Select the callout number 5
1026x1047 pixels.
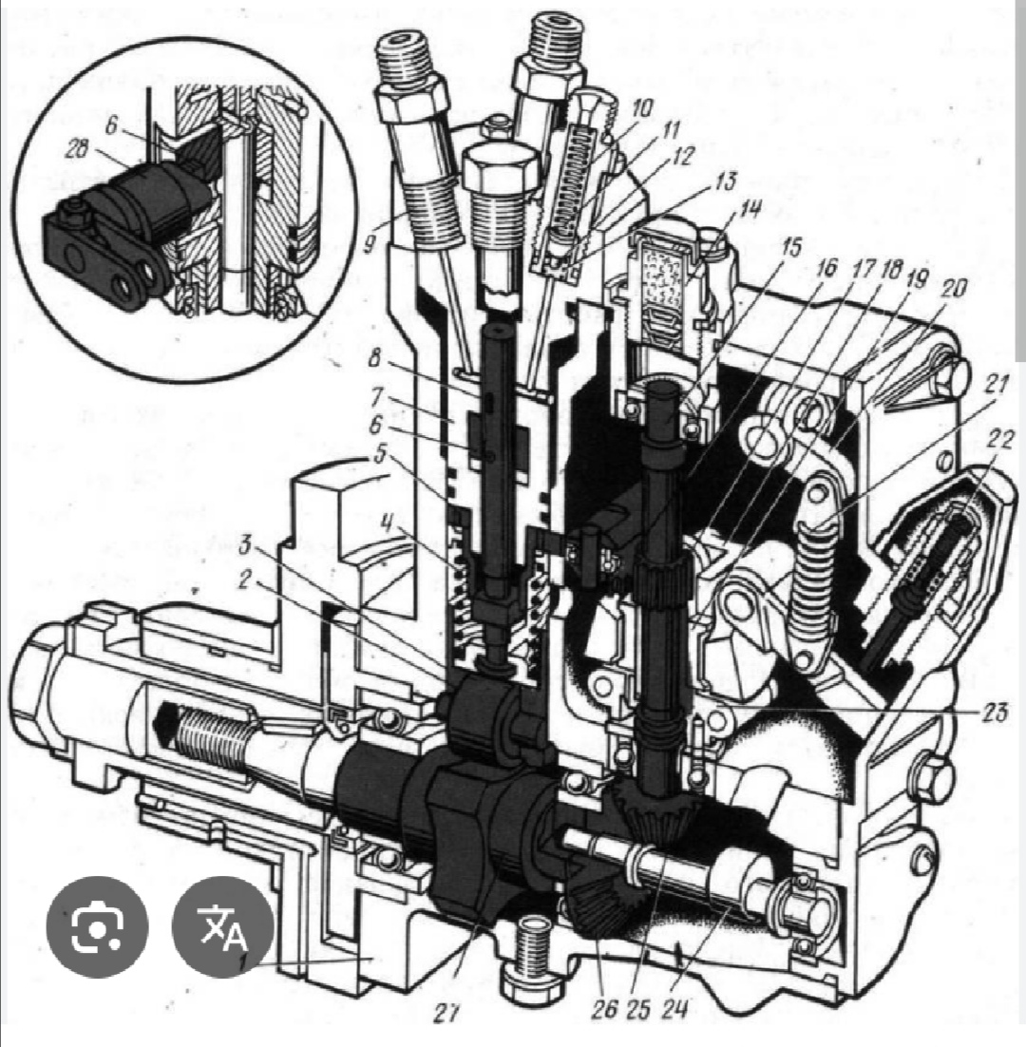[x=380, y=456]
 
